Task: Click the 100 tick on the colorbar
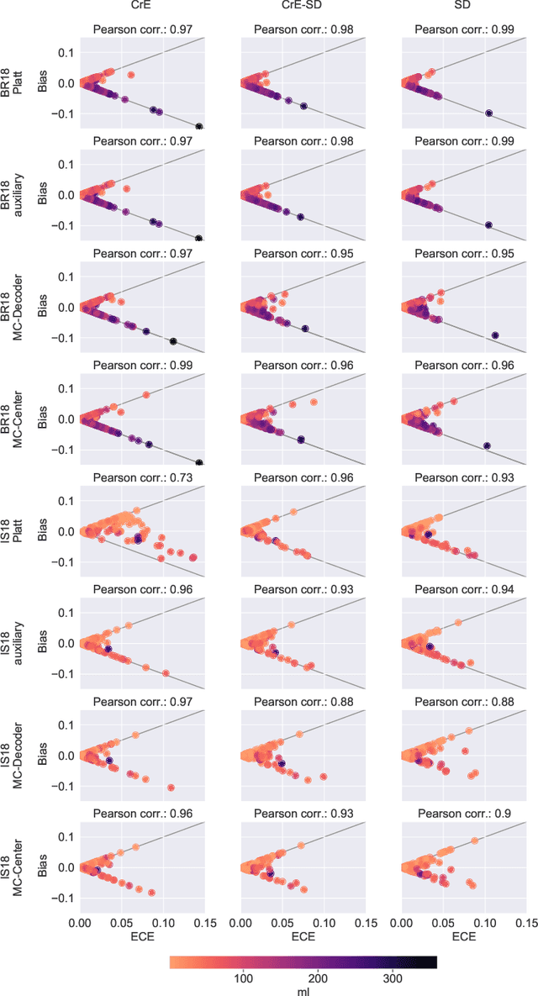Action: (244, 978)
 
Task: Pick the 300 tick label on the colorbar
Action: (393, 978)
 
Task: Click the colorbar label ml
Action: (303, 991)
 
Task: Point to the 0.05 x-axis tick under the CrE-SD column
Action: (282, 921)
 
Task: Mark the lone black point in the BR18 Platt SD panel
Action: (488, 113)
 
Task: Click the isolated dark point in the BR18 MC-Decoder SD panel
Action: (495, 335)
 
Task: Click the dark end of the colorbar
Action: (433, 962)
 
